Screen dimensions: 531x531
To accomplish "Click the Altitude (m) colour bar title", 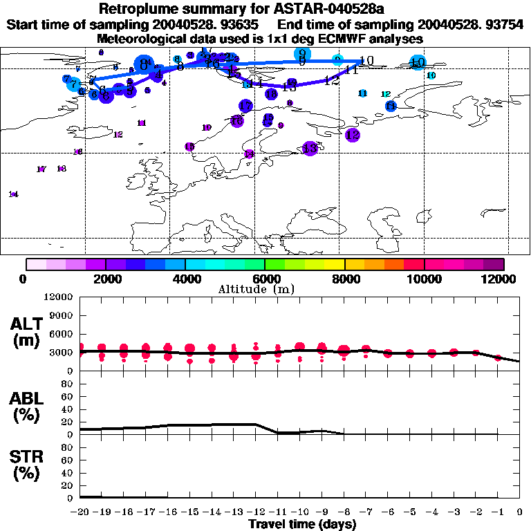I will [265, 289].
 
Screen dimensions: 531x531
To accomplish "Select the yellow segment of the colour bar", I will [335, 263].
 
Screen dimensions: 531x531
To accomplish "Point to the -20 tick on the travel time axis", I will [80, 512].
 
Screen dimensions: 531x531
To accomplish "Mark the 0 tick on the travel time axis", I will [520, 512].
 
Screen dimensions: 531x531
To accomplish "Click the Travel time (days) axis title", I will [302, 524].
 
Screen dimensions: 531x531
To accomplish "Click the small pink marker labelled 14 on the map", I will [13, 194].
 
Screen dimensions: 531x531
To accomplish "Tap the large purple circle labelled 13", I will [310, 148].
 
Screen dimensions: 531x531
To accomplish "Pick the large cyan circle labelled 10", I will [417, 63].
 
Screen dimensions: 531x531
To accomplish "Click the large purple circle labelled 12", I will [353, 135].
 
